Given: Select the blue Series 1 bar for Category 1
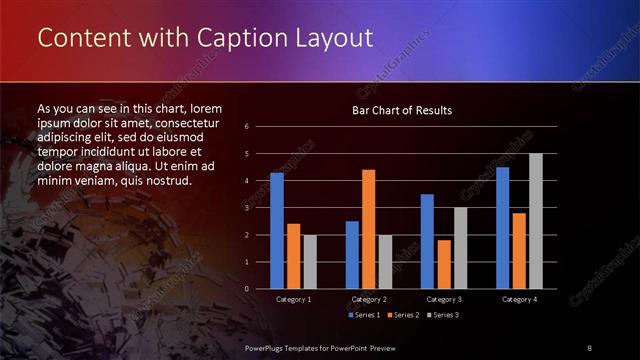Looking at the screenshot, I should [277, 231].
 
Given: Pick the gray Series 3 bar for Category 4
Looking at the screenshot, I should [535, 221].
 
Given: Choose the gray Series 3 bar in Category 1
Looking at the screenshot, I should [309, 262].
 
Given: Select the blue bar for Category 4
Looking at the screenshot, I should [502, 228].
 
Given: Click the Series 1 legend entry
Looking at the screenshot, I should [365, 315].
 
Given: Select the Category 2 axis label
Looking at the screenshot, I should [368, 299].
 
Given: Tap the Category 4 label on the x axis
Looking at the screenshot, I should [519, 299].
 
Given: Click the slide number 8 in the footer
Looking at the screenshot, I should [590, 346].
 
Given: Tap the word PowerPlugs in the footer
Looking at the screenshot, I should [266, 346].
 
